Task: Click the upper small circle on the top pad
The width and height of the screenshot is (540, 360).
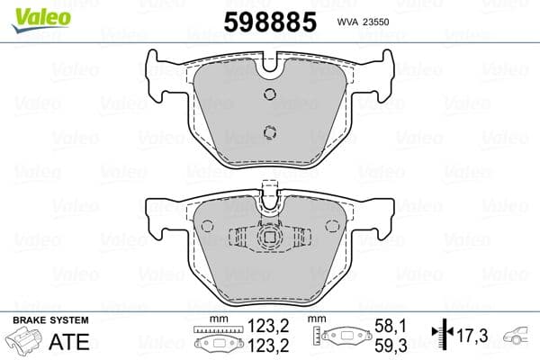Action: click(268, 95)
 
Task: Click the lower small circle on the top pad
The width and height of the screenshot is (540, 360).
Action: click(268, 133)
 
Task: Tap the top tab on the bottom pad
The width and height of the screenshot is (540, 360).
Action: click(267, 190)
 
